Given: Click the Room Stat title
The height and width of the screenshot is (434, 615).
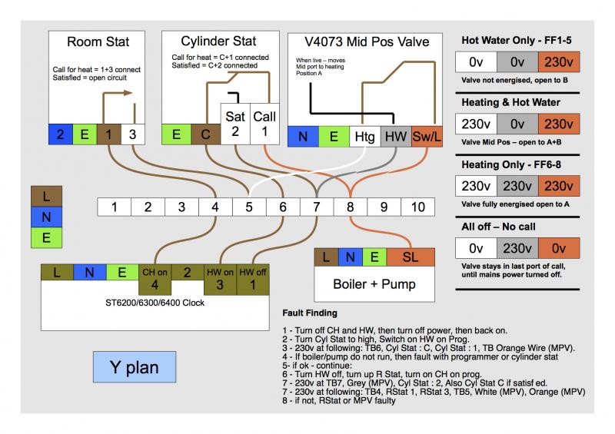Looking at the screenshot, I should (x=98, y=41).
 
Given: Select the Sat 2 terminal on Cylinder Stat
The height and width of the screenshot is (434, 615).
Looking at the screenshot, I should (x=234, y=123).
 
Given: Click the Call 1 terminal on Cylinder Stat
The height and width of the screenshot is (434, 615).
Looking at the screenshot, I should (x=264, y=123).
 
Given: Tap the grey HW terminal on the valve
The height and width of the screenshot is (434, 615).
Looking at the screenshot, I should (x=396, y=136).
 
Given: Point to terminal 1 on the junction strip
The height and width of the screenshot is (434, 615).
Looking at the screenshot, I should (x=115, y=207).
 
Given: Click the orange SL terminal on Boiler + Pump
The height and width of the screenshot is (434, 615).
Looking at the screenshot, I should (x=411, y=257).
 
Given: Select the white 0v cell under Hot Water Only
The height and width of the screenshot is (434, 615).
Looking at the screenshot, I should (x=475, y=62).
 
